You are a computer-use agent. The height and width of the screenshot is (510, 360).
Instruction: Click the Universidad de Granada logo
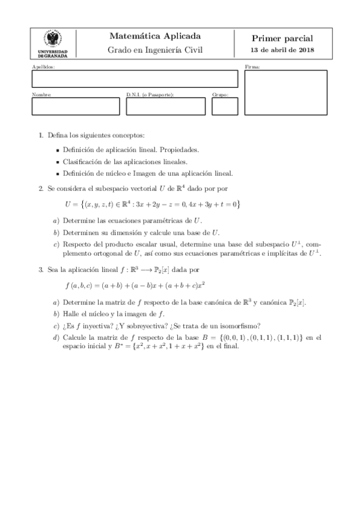pyautogui.click(x=56, y=42)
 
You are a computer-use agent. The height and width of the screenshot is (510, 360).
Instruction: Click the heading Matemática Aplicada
pyautogui.click(x=155, y=35)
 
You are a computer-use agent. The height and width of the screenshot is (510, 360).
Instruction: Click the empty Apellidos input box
pyautogui.click(x=135, y=79)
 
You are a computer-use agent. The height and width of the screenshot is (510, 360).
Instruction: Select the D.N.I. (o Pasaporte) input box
pyautogui.click(x=165, y=106)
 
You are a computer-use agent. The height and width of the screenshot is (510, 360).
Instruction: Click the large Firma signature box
pyautogui.click(x=285, y=92)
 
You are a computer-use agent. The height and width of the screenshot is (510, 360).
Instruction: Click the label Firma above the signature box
pyautogui.click(x=252, y=67)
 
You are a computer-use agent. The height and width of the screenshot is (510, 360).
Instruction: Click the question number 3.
pyautogui.click(x=40, y=271)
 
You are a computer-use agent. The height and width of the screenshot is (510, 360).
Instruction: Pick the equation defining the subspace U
pyautogui.click(x=153, y=204)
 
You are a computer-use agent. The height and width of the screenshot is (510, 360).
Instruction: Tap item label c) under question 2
pyautogui.click(x=56, y=244)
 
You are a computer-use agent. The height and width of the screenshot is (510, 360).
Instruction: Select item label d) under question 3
pyautogui.click(x=56, y=337)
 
